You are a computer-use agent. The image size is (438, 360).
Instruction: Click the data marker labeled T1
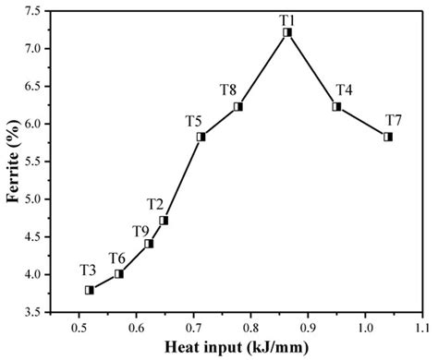[x=287, y=32]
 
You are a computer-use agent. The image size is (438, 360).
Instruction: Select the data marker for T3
[x=90, y=290]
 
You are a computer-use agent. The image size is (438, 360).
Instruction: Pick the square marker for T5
[x=201, y=137]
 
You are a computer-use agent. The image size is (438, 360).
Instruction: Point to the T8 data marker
[x=237, y=106]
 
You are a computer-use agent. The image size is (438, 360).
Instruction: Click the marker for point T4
[x=337, y=106]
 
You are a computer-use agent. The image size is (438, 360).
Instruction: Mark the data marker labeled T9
[x=149, y=244]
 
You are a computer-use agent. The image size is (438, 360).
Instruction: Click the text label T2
[x=155, y=204]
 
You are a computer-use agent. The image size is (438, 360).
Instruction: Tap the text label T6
[x=117, y=258]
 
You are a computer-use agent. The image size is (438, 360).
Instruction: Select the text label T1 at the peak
[x=288, y=18]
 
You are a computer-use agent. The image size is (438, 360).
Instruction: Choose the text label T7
[x=393, y=120]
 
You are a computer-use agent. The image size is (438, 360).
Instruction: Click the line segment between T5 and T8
[x=219, y=122]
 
